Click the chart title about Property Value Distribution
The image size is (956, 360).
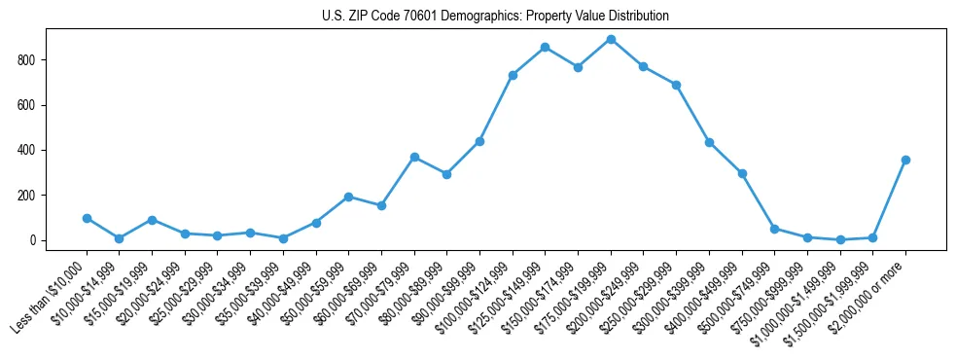495,17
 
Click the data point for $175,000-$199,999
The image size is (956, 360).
611,40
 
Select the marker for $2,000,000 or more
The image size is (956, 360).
905,160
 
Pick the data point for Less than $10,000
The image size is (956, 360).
87,218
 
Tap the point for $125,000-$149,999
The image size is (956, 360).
545,47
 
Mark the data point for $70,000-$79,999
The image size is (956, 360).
414,157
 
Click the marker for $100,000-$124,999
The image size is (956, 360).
513,75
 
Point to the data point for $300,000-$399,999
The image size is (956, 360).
709,142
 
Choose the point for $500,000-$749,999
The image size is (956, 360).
774,229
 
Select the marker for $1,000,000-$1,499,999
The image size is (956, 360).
840,239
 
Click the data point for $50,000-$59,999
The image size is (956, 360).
348,197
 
